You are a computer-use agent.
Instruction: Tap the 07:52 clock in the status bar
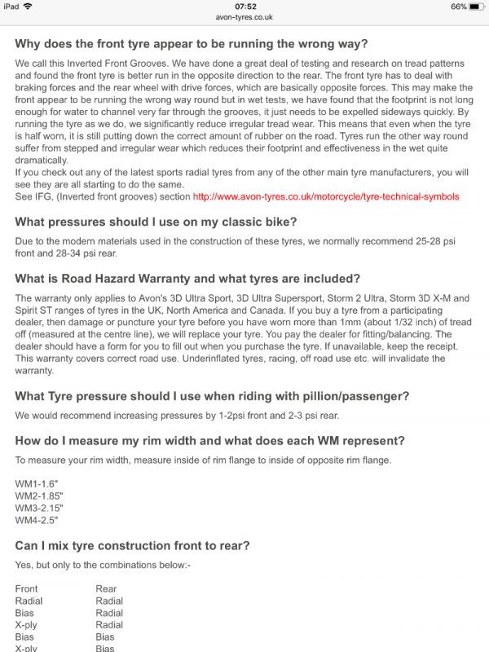[x=244, y=7]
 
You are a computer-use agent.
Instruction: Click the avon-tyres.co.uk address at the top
[x=244, y=16]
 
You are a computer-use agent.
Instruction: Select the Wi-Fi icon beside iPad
[x=29, y=7]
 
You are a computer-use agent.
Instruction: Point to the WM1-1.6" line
[x=36, y=483]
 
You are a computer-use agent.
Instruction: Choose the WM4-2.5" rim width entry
[x=36, y=519]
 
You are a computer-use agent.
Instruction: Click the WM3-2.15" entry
[x=38, y=507]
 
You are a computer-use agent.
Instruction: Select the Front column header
[x=27, y=588]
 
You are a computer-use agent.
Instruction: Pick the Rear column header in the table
[x=106, y=588]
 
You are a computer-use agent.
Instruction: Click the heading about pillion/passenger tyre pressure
[x=212, y=396]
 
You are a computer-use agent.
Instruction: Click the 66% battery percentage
[x=458, y=7]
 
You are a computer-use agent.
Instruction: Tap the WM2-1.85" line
[x=38, y=496]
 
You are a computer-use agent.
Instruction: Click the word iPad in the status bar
[x=11, y=7]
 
